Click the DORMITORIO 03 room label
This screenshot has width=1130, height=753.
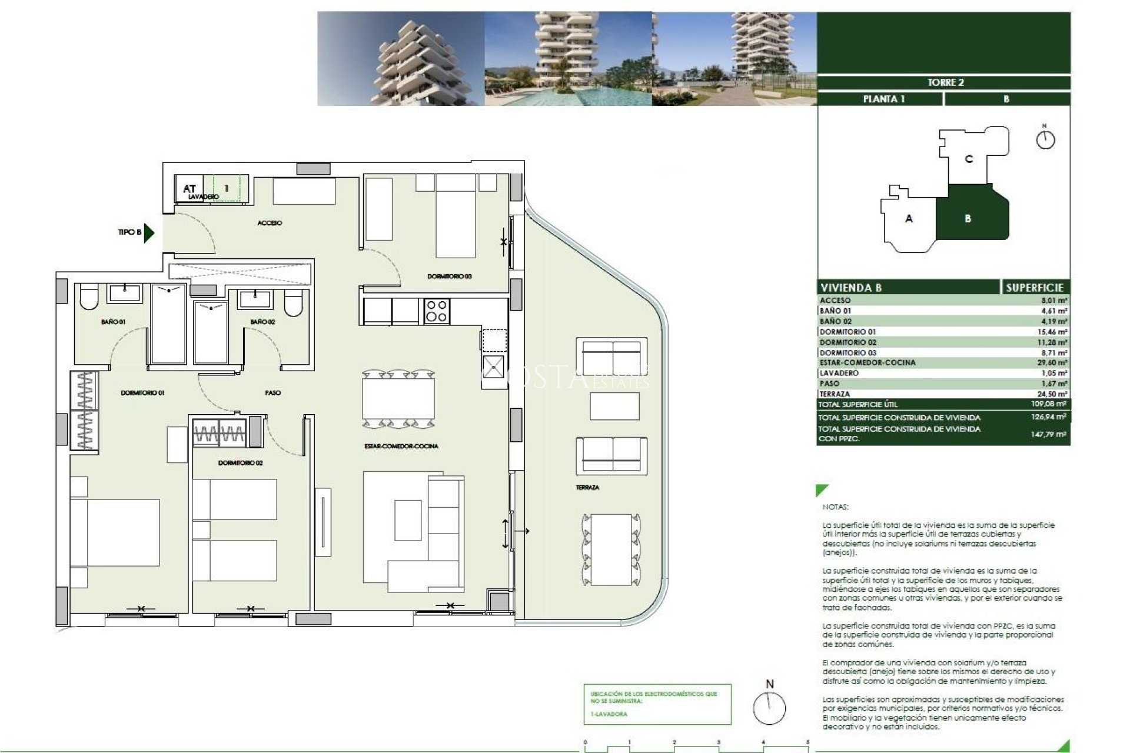coord(449,276)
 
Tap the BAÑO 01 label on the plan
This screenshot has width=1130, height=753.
coord(113,322)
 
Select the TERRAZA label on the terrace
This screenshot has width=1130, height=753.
coord(587,487)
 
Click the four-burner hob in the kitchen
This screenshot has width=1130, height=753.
coord(437,311)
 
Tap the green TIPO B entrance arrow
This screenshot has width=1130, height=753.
coord(149,232)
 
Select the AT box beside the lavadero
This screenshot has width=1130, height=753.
coord(189,189)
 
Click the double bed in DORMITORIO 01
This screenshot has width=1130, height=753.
coord(115,532)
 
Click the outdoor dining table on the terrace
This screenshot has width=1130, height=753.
coord(611,549)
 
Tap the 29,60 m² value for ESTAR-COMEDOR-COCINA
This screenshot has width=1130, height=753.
coord(1052,363)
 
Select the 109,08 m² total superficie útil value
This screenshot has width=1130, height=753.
coord(1049,404)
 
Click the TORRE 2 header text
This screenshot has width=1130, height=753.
coord(945,82)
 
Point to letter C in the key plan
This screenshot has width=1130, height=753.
coord(969,159)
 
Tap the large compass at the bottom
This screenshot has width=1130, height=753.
coord(769,708)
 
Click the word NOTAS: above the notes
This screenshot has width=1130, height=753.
coord(835,507)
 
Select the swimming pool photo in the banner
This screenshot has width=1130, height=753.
coord(568,59)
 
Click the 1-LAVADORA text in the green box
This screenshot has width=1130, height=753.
coord(609,714)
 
